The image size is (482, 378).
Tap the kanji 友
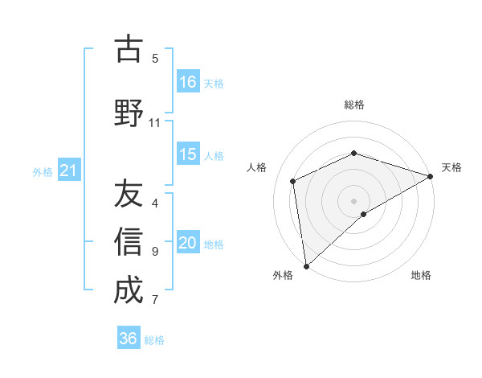click(x=129, y=194)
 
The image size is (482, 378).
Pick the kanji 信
click(x=129, y=241)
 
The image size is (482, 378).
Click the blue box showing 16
click(x=188, y=81)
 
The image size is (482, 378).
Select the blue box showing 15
click(x=188, y=154)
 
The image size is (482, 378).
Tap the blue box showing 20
click(x=188, y=243)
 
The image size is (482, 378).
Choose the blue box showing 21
click(x=68, y=171)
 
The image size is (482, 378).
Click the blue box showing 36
click(x=129, y=339)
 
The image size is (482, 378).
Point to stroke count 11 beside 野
click(x=154, y=122)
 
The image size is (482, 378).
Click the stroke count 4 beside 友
click(x=155, y=203)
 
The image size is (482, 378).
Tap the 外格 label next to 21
click(x=42, y=171)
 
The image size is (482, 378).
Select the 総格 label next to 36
click(x=154, y=340)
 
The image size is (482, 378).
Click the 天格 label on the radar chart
click(x=451, y=167)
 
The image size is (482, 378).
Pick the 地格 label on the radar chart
click(x=421, y=276)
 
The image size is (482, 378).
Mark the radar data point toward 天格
click(x=431, y=176)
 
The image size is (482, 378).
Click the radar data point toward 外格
click(x=306, y=265)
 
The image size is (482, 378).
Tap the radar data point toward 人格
click(x=293, y=181)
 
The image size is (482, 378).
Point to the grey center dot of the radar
click(x=353, y=200)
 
